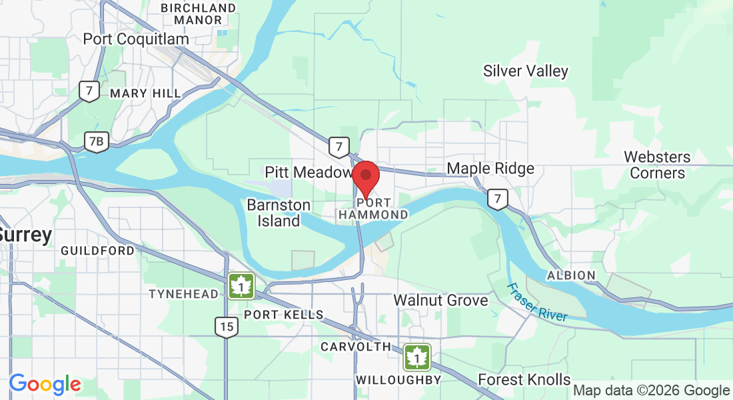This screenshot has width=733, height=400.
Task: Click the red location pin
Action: tap(365, 176)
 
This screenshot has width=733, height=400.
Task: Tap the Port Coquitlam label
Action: tap(136, 39)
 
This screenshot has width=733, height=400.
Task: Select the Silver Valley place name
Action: tap(526, 71)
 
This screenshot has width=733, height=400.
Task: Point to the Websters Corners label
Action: tap(657, 165)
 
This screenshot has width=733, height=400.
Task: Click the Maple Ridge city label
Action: tap(490, 168)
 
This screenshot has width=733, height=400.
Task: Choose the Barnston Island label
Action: tap(279, 213)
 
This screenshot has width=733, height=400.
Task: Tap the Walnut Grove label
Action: tap(440, 300)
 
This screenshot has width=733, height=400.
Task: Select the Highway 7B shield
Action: tap(97, 141)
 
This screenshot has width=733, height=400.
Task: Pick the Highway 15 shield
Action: tap(227, 327)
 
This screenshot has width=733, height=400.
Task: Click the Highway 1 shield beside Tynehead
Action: tap(241, 286)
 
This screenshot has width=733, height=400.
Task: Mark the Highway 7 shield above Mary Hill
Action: tap(88, 91)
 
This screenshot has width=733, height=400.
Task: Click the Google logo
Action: tap(45, 384)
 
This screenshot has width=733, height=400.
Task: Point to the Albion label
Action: tap(571, 275)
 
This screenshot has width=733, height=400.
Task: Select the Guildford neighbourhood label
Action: tap(97, 251)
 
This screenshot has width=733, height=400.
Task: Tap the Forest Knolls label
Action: tap(524, 380)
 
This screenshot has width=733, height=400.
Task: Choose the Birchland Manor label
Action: tap(199, 14)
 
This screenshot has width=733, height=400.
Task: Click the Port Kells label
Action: tap(284, 315)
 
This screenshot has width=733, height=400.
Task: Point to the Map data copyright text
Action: tap(651, 391)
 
